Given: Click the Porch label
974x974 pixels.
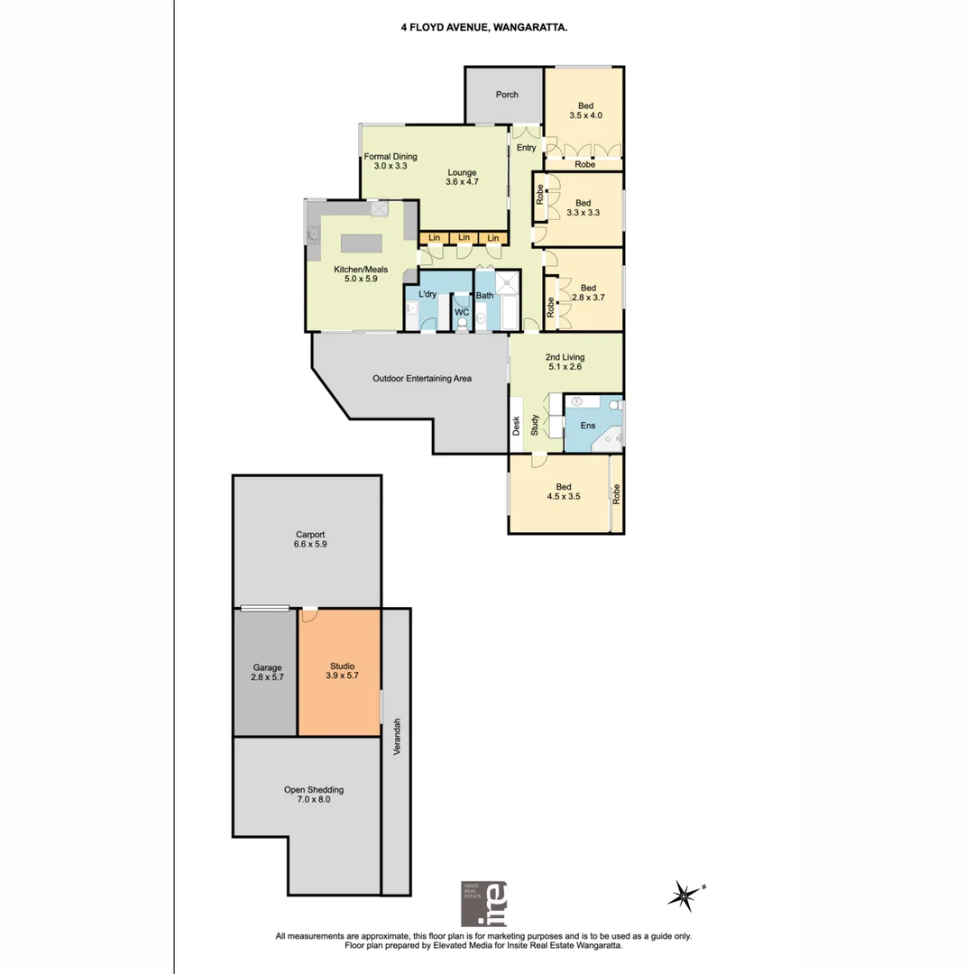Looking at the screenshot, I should click(507, 95).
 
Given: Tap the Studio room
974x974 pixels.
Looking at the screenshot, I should click(340, 672).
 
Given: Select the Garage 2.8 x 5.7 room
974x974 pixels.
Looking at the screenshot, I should click(267, 673).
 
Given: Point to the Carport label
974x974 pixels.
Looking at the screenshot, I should click(309, 534).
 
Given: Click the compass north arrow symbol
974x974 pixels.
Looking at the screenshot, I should click(685, 895).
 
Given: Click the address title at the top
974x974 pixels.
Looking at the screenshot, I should click(484, 28).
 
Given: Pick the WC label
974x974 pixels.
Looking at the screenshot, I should click(462, 312).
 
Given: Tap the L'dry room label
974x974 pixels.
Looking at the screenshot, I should click(427, 295).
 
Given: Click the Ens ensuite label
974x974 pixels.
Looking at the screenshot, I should click(587, 425).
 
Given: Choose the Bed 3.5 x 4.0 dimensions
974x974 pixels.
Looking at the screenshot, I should click(585, 115).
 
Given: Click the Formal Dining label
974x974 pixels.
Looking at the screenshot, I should click(391, 156).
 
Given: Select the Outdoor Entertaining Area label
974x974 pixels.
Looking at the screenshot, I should click(422, 379).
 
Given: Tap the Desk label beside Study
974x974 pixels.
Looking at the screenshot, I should click(517, 425).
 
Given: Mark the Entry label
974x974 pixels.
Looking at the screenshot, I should click(527, 148).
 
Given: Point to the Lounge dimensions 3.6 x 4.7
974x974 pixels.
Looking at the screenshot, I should click(461, 182).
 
